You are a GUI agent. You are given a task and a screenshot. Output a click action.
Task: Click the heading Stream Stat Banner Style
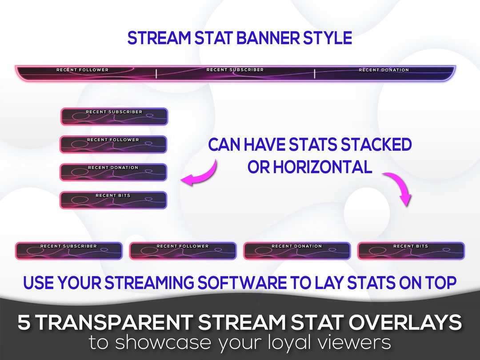(240, 38)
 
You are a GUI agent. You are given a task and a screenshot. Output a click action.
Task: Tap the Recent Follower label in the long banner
(82, 70)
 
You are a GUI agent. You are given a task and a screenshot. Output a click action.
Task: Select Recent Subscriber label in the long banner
(235, 70)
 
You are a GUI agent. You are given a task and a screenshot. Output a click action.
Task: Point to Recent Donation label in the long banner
(384, 70)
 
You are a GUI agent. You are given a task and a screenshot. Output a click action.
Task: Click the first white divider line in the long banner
(156, 74)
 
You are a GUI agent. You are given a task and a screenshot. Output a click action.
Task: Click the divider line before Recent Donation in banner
(315, 74)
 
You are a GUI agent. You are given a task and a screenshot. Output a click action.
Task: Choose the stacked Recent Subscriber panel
(114, 116)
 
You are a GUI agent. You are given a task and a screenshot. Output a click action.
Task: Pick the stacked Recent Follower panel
(113, 144)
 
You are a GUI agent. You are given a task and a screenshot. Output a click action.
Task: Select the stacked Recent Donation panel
(113, 172)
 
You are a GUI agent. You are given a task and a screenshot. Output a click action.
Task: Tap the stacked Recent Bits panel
(113, 200)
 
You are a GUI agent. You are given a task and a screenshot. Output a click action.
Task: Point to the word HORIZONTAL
(322, 167)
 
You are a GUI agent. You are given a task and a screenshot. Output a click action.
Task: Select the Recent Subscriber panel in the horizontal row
(69, 251)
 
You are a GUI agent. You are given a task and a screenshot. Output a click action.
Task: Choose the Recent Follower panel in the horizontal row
(183, 251)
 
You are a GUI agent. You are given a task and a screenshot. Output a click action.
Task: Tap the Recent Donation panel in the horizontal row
(297, 251)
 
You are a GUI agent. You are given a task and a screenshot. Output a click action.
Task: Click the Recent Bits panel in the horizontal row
(411, 251)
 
